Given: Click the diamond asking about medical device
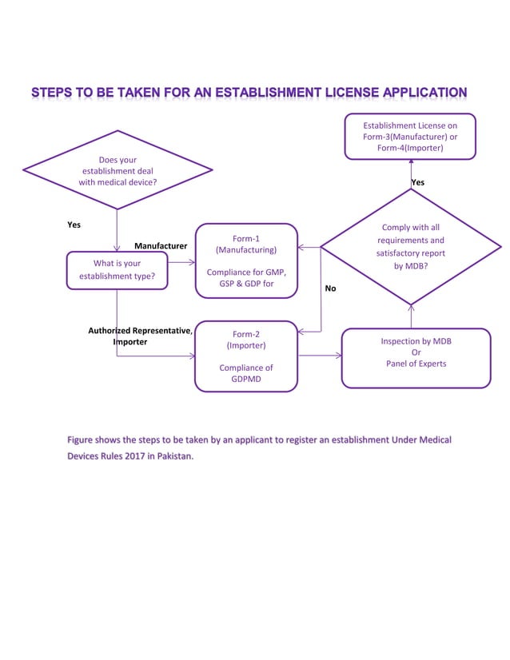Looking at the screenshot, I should (x=118, y=170).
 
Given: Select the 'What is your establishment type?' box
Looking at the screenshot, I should (x=118, y=270).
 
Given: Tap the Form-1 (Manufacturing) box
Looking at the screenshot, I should (x=246, y=260).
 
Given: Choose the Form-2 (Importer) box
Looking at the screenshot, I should (x=246, y=356).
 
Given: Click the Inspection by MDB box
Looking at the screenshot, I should (x=416, y=357).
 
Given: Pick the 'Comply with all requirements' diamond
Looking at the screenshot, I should (x=410, y=247).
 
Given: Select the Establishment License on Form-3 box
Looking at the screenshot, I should (x=410, y=137).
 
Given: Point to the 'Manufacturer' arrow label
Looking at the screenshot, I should (x=161, y=246).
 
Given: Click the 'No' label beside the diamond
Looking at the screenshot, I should (x=331, y=288).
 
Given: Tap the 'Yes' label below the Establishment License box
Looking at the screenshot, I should (x=418, y=182).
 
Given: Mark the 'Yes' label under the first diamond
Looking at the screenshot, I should (x=74, y=225).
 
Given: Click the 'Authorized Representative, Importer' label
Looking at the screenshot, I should (x=139, y=336).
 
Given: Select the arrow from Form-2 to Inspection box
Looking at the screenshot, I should (x=319, y=356).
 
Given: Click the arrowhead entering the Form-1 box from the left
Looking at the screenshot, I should (x=190, y=261).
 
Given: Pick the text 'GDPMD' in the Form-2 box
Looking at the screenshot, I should (x=246, y=380).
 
